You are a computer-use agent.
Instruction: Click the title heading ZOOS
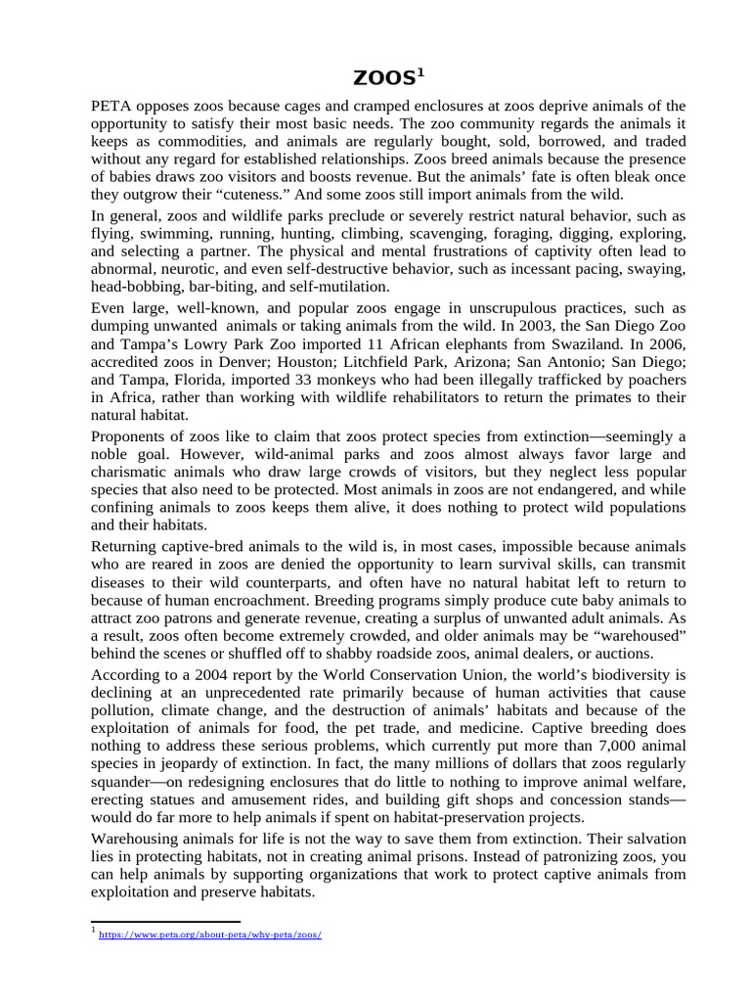click(388, 77)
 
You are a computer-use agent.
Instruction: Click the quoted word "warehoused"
click(635, 636)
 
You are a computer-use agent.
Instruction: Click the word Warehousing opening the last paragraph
click(139, 839)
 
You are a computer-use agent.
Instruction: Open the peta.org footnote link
click(210, 934)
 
